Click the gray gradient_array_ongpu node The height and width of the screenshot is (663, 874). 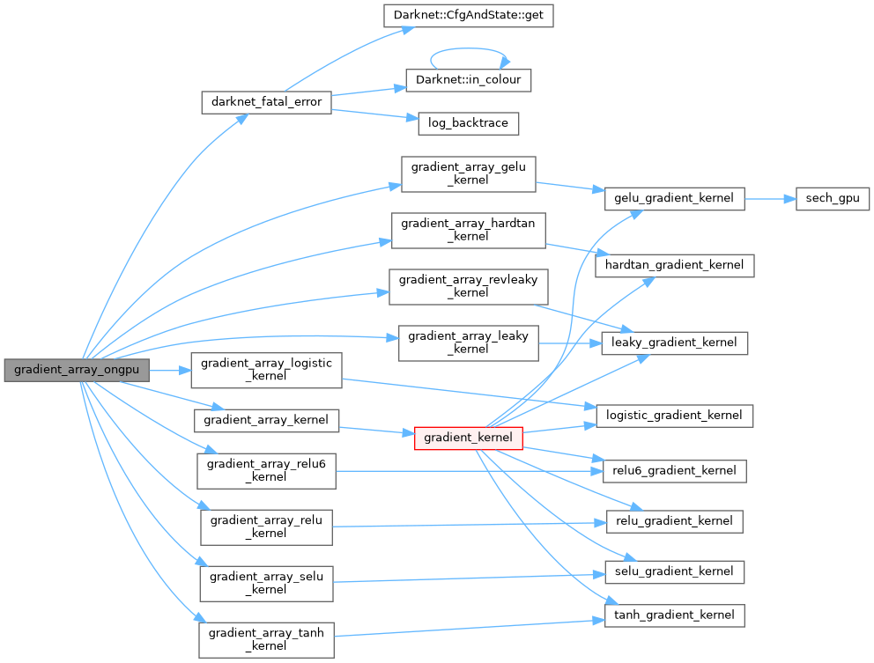pos(76,371)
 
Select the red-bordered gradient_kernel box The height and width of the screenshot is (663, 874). pos(469,438)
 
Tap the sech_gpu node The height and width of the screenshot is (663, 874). pos(832,199)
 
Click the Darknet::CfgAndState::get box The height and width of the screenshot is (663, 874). pos(469,15)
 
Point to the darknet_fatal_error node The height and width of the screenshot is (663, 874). pos(266,102)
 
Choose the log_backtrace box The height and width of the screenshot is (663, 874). pos(468,123)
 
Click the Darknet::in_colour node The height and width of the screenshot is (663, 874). pos(469,80)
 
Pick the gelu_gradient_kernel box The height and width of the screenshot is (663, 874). pos(674,198)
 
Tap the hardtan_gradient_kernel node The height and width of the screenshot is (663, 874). pos(675,264)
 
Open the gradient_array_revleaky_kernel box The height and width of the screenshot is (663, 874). pos(469,286)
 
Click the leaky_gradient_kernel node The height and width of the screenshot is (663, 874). pos(674,343)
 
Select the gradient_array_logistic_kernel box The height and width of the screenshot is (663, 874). pos(266,370)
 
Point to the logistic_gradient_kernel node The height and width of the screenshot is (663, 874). pos(675,415)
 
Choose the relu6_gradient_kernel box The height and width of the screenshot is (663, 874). pos(674,470)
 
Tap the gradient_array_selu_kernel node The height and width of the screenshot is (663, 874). pos(266,583)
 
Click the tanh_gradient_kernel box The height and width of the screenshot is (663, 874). pos(674,615)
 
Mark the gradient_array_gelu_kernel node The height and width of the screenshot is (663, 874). pos(468,173)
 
